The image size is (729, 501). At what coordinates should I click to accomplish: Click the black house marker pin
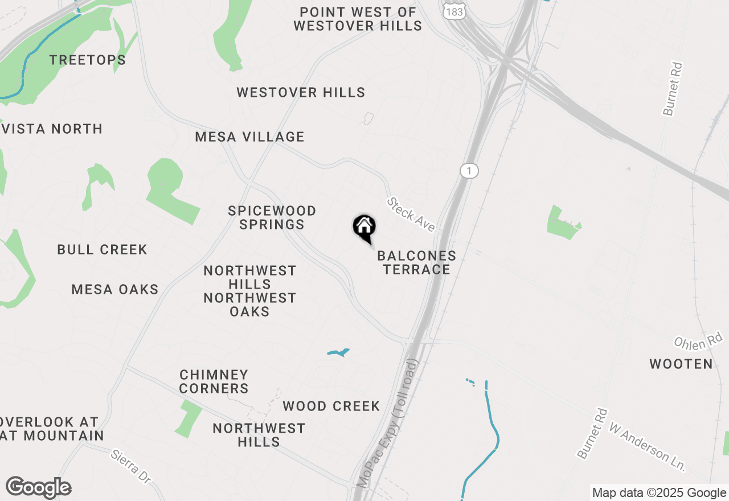[x=364, y=228]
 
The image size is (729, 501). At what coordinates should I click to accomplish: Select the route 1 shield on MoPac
[x=469, y=171]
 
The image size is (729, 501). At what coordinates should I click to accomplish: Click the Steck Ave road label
[x=411, y=214]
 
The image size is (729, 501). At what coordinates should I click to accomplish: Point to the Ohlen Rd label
[x=697, y=342]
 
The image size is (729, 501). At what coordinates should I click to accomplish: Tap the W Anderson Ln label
[x=647, y=446]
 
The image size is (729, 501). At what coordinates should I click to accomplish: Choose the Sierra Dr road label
[x=131, y=467]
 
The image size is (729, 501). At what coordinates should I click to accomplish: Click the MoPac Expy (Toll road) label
[x=387, y=422]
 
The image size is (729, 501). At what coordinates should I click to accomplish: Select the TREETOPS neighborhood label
[x=87, y=60]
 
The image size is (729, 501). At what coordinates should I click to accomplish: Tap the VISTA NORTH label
[x=52, y=129]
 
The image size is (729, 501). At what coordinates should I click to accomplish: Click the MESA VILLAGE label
[x=249, y=137]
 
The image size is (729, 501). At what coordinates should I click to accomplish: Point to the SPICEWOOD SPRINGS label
[x=272, y=217]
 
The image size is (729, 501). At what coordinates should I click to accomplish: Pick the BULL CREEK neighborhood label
[x=103, y=249]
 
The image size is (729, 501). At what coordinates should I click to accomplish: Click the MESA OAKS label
[x=115, y=289]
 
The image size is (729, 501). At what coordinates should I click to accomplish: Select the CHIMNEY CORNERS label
[x=214, y=381]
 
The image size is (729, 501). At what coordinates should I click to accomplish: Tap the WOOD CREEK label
[x=331, y=406]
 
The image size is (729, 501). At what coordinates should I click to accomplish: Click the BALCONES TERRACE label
[x=416, y=262]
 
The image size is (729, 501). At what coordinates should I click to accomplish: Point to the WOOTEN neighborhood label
[x=681, y=364]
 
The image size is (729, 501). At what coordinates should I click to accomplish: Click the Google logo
[x=39, y=488]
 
